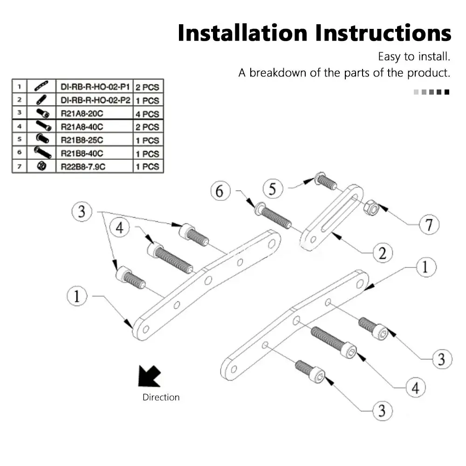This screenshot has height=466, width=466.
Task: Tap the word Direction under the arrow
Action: [161, 397]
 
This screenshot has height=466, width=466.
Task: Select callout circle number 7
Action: [428, 225]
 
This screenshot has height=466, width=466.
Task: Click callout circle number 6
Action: [220, 191]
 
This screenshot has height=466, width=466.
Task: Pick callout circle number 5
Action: [273, 188]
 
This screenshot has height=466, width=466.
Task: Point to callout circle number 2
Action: [382, 253]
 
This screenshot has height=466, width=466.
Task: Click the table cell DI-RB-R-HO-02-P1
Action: [94, 87]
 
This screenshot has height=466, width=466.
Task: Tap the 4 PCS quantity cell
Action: [147, 114]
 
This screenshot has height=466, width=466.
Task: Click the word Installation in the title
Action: [242, 34]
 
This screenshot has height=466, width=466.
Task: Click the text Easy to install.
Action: [414, 57]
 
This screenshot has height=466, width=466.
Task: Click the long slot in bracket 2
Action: [339, 212]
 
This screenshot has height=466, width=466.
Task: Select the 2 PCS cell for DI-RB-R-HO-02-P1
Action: [147, 87]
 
